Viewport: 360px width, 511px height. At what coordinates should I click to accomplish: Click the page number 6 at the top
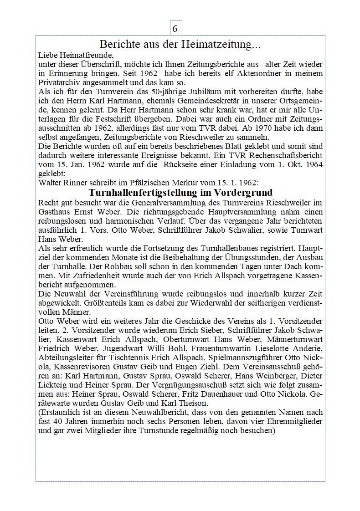175,28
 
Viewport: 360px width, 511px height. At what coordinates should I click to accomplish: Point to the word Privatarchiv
59,82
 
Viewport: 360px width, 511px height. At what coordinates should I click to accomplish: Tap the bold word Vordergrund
242,192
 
